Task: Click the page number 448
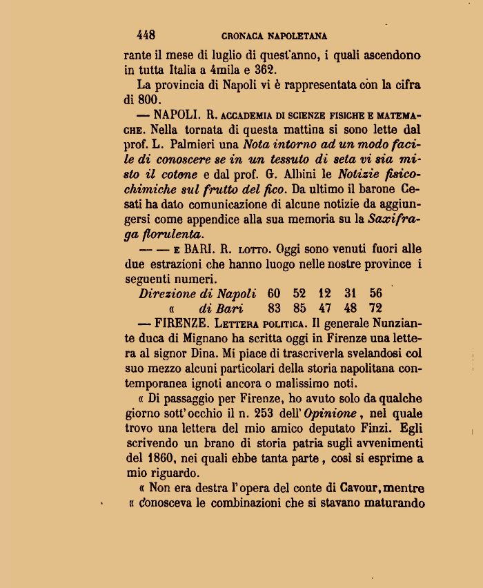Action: pos(146,35)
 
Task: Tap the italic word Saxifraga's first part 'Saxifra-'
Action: pos(395,219)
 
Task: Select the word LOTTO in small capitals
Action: pos(247,250)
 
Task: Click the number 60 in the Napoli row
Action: pos(274,293)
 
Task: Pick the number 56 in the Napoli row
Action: pos(375,293)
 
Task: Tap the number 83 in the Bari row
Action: pos(274,308)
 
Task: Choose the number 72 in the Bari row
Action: pos(375,308)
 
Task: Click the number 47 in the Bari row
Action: pos(324,308)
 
